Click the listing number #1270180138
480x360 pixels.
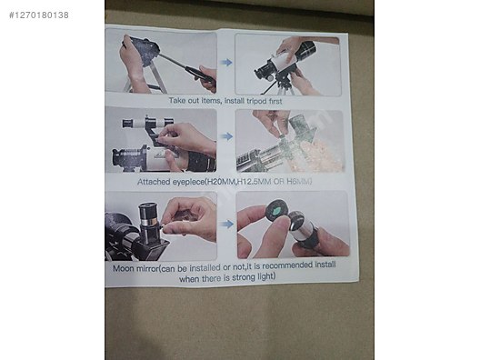coord(36,15)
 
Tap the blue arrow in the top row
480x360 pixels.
coord(226,63)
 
